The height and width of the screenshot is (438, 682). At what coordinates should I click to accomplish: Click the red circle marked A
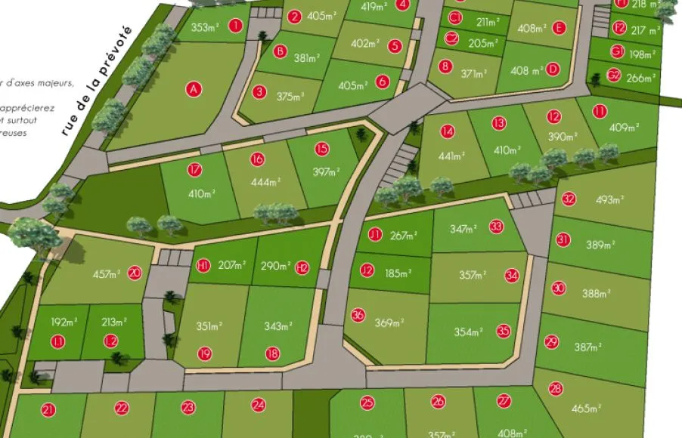pos(194,89)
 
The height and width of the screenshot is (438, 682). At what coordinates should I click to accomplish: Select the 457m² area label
pos(107,273)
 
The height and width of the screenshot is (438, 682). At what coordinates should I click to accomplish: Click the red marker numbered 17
pos(195,170)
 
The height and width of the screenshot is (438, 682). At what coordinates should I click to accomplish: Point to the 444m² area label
pos(266,181)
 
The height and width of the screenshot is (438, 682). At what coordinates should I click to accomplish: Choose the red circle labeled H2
pos(302,267)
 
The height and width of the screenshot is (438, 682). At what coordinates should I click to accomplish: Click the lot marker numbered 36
pos(358,315)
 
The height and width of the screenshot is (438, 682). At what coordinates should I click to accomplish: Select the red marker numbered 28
pos(556,389)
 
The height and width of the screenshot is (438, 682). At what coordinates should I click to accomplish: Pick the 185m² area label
pos(398,273)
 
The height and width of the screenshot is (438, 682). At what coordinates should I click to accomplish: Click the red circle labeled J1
pos(375,235)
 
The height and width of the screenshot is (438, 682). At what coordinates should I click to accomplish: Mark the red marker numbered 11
pos(600,112)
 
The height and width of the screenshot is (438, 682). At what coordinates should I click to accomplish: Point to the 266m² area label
pos(641,77)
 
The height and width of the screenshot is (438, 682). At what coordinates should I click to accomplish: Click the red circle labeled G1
pos(617,52)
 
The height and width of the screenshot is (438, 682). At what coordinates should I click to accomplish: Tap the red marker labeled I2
pos(111,341)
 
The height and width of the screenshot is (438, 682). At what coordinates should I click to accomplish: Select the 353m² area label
pos(204,28)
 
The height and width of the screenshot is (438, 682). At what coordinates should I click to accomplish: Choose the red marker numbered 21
pos(48,410)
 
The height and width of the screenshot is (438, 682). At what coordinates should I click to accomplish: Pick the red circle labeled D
pos(553,69)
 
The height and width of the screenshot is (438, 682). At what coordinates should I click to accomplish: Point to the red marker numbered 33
pos(496,226)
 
